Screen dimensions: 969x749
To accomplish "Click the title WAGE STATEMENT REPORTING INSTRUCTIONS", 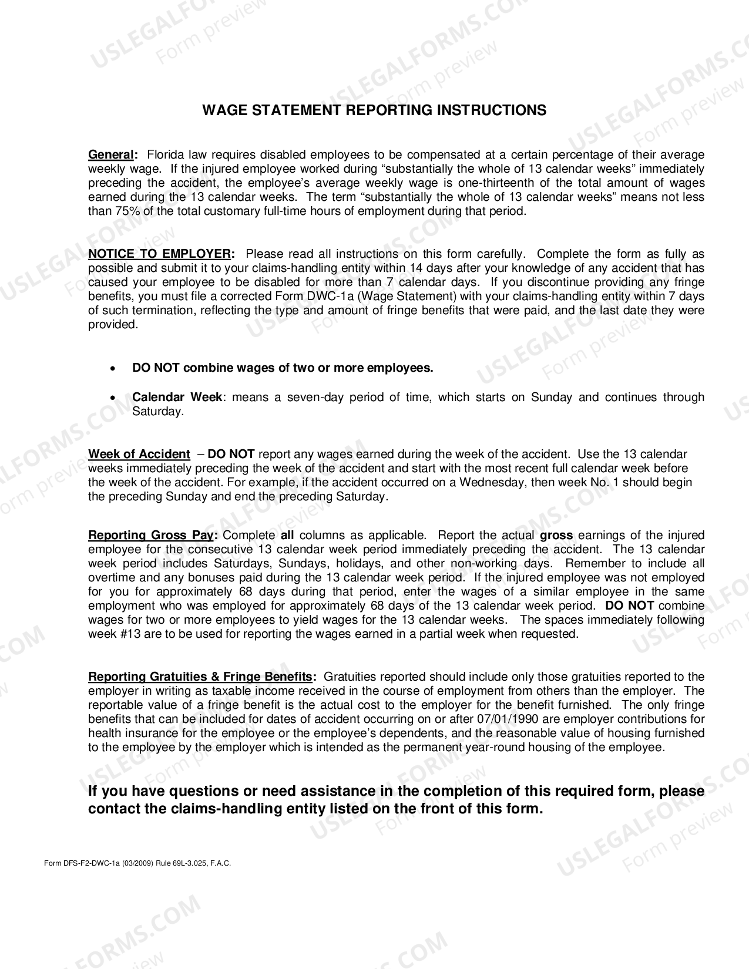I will coord(374,110).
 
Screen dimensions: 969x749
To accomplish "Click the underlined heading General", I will coord(111,155).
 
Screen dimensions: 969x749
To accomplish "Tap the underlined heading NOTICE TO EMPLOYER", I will coord(159,254).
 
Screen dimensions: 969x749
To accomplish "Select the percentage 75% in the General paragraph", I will coord(100,211).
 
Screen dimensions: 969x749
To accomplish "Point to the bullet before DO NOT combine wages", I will coord(112,369).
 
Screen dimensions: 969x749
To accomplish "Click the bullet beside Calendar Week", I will coord(112,398).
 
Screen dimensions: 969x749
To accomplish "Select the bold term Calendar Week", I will coord(177,398).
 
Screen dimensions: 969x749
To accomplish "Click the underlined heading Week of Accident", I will coord(139,455).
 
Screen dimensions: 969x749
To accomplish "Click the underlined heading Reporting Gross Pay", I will coord(151,536).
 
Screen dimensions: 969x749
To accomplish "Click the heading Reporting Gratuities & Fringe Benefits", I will coord(200,677).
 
